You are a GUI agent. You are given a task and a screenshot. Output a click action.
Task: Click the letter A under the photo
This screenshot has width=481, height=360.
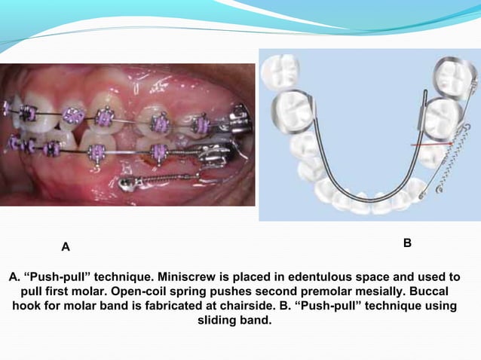66,246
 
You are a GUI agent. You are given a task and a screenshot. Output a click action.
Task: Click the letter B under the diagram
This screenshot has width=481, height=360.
407,243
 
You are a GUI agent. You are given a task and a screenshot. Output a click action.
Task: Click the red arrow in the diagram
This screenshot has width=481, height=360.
430,144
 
